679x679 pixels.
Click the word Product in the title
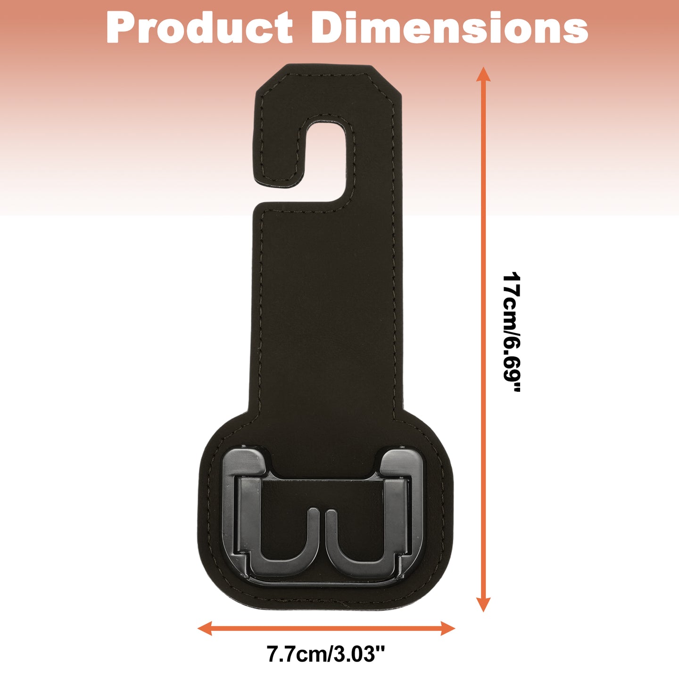[x=199, y=27]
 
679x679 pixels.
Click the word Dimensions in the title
[x=450, y=27]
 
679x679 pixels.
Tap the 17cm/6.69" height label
[x=511, y=331]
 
